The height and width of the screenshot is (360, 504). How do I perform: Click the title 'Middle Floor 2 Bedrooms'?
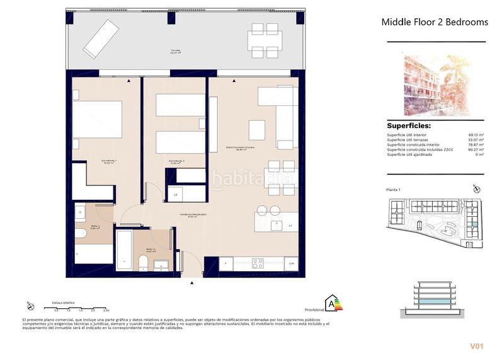point(435,22)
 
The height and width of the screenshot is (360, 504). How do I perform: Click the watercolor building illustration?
point(437,85)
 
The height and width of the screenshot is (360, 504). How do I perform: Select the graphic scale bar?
point(82,307)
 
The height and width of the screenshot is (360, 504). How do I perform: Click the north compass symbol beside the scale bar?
point(30,307)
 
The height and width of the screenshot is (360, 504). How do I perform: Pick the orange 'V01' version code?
point(477,346)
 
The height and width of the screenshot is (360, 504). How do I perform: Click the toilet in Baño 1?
point(81,235)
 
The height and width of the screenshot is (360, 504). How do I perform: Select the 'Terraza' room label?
point(176,51)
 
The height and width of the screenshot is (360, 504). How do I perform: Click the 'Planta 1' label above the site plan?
point(394,189)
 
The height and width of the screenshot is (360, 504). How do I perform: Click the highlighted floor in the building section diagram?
point(435,303)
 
